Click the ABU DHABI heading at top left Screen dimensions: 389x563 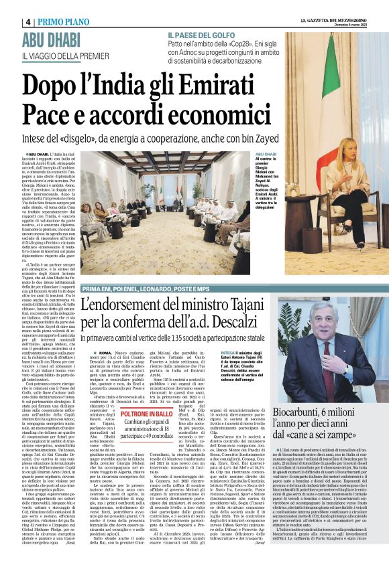pos(52,39)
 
